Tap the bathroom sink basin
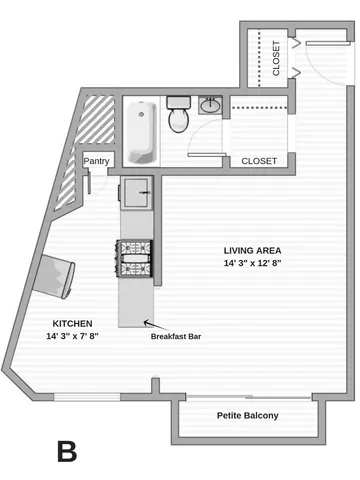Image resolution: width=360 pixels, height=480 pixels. (x=212, y=105)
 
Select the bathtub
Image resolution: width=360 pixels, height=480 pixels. (x=141, y=130)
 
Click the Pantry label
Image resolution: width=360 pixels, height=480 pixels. (x=97, y=161)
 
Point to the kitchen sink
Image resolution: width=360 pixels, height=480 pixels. (x=137, y=190)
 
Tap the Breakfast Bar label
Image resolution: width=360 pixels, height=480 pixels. (x=176, y=337)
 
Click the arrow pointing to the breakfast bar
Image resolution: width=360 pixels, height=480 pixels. (x=149, y=323)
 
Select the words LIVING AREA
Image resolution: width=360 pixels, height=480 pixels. (x=251, y=250)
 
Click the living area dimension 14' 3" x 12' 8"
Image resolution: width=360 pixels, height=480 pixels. (x=251, y=264)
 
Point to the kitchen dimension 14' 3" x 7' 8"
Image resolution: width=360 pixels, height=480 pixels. (x=72, y=336)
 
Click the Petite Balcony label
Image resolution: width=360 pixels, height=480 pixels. (x=248, y=416)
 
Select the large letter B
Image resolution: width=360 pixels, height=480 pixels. (x=67, y=451)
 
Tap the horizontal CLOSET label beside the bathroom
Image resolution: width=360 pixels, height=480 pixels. (x=259, y=160)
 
